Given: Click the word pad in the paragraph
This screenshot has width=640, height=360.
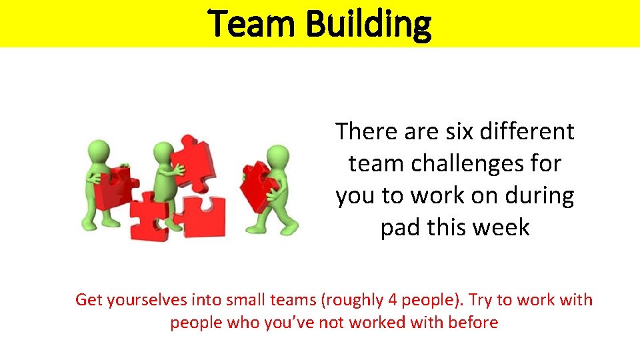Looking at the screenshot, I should [x=398, y=227].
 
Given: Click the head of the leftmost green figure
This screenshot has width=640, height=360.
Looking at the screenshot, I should [x=99, y=150].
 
